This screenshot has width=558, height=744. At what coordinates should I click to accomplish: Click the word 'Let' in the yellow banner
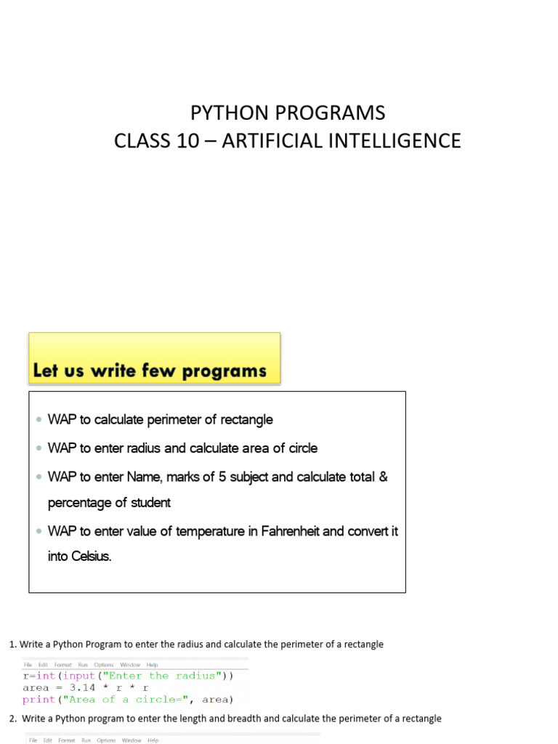pos(46,371)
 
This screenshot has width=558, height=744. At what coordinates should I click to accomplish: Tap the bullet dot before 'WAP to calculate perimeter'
pos(39,420)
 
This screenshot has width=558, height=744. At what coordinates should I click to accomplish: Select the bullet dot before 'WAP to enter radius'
pos(39,449)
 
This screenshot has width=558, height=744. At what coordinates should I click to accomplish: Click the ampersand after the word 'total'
pos(384,477)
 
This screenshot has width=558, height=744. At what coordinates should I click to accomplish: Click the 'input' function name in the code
pos(78,676)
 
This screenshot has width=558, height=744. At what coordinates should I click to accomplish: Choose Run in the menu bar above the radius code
pos(83,665)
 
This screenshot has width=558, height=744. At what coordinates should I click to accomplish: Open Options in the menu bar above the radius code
pos(104,665)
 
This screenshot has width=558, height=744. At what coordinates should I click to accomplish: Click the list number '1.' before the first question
pos(12,644)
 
